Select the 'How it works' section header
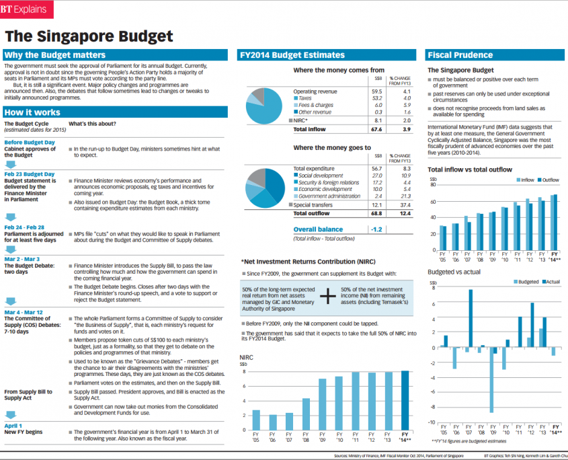(32, 112)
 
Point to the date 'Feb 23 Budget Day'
(30, 174)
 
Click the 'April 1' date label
(13, 426)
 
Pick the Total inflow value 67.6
(376, 129)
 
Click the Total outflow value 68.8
(376, 213)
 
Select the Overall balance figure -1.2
(376, 229)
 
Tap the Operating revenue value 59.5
(376, 91)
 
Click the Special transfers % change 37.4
(405, 204)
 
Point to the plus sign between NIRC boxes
(327, 296)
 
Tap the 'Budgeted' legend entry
(525, 282)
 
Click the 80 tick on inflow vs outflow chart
(434, 186)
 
